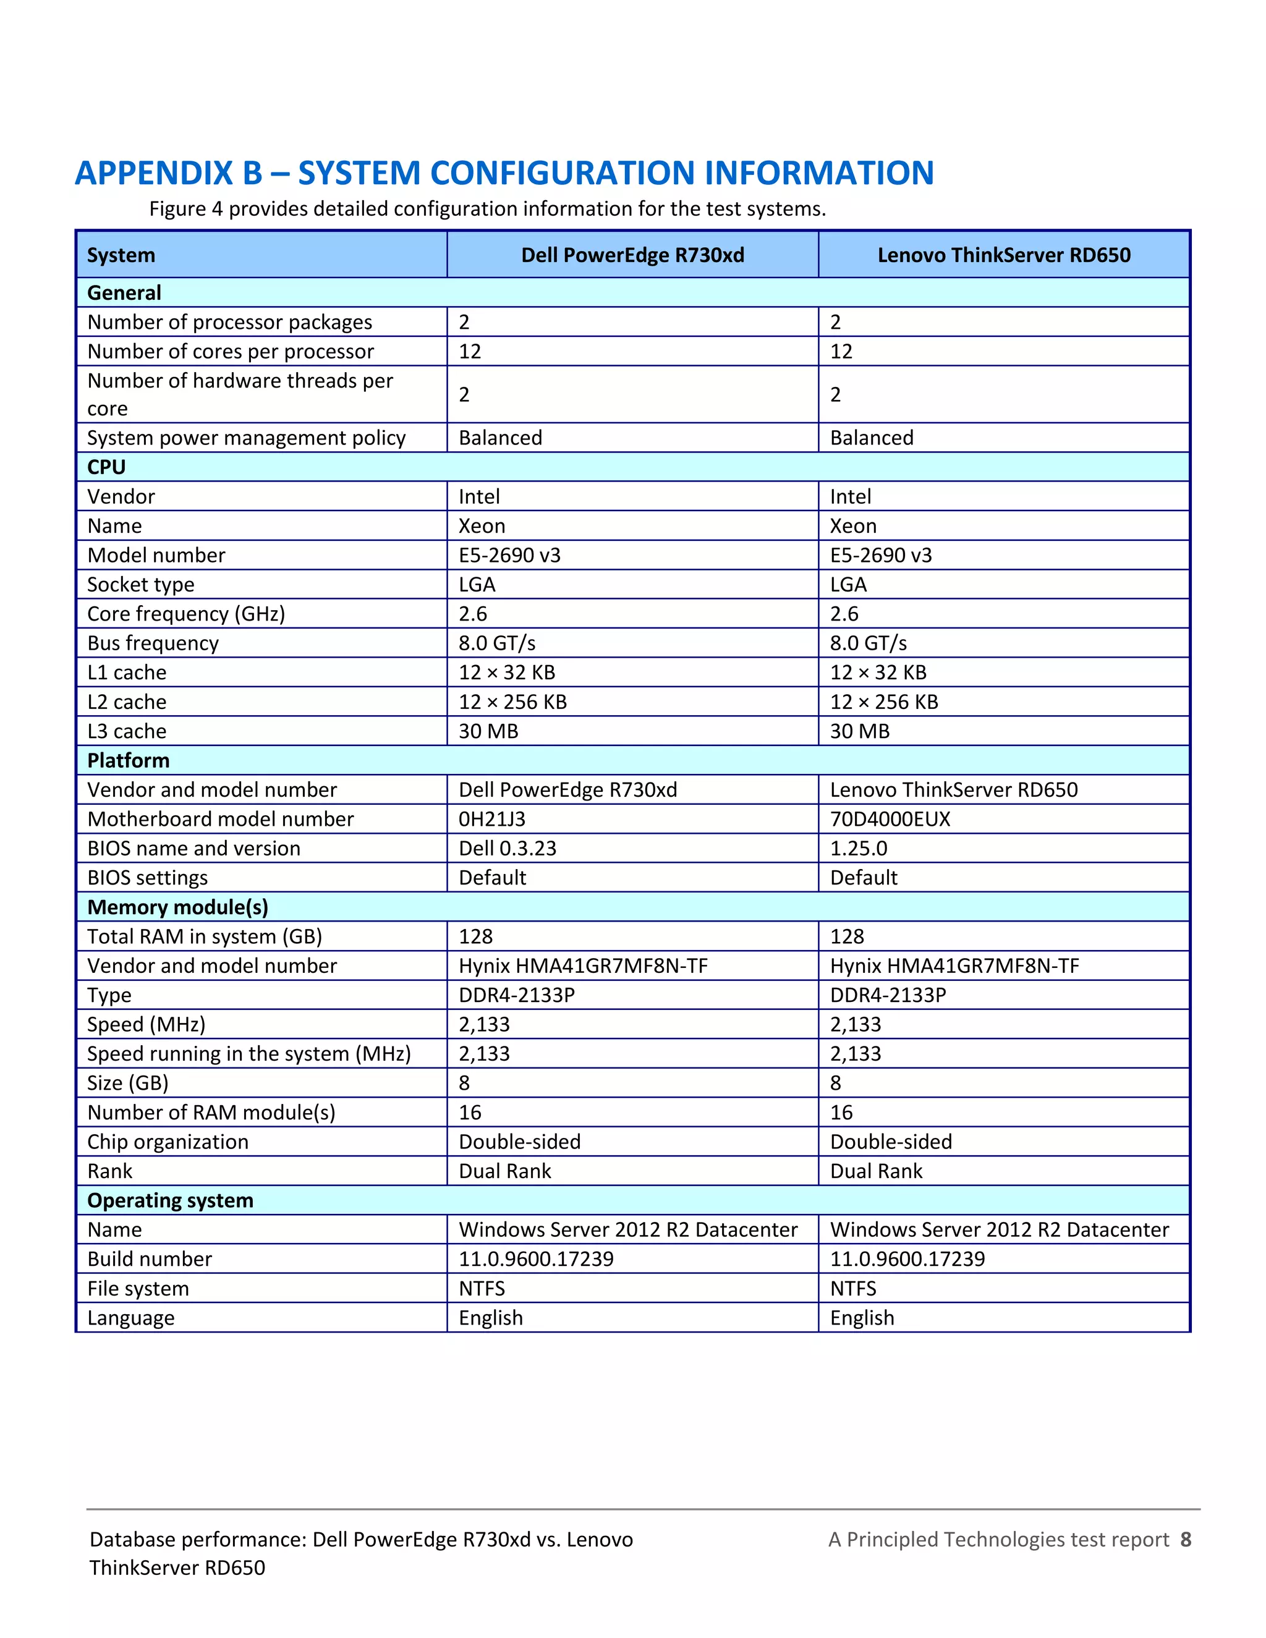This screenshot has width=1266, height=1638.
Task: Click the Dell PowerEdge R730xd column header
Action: (x=632, y=255)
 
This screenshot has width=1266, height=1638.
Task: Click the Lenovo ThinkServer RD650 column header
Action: (x=1003, y=255)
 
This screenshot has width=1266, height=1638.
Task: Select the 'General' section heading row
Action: (x=124, y=292)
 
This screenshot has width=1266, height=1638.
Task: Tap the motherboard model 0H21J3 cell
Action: (x=492, y=819)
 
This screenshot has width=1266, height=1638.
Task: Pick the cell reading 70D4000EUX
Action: (x=890, y=819)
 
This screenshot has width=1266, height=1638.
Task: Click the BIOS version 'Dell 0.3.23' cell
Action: (x=508, y=848)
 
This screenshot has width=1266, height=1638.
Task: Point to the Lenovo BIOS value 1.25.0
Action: (x=858, y=848)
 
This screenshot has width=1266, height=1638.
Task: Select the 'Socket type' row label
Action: (x=141, y=584)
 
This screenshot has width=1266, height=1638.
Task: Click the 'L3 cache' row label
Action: (x=127, y=731)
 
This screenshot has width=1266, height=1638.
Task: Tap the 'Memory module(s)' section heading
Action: (x=178, y=907)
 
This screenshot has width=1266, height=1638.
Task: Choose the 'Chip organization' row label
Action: (x=168, y=1142)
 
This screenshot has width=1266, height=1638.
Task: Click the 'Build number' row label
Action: (x=150, y=1259)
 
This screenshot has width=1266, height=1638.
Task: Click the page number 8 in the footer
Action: (x=1185, y=1540)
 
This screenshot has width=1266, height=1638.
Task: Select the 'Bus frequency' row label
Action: (x=153, y=643)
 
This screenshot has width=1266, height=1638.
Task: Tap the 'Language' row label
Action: (x=131, y=1318)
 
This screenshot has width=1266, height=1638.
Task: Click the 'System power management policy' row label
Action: (x=246, y=438)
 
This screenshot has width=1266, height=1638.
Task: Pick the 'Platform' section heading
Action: (x=128, y=760)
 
